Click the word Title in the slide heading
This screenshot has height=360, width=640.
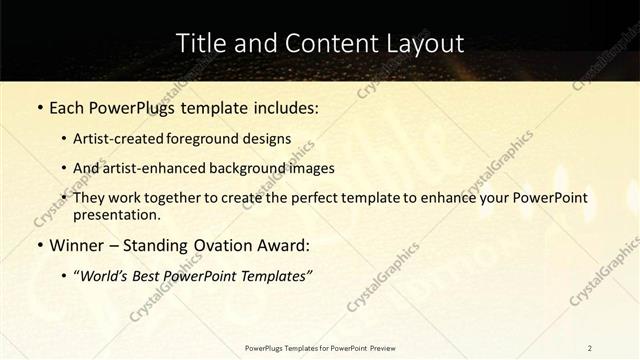pos(199,43)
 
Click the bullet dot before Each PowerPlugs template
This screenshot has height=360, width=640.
pos(39,107)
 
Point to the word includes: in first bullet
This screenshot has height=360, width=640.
pos(283,107)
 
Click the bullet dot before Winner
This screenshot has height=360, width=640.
pos(39,244)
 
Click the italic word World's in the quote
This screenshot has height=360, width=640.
pos(104,274)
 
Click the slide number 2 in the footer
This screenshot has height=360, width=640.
pos(589,347)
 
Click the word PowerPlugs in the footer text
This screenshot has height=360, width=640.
pos(266,347)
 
